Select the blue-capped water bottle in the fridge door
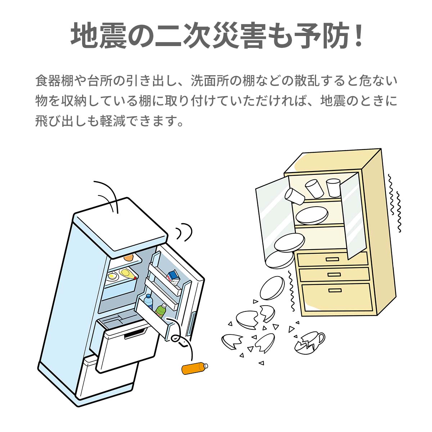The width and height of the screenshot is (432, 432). (x=148, y=302)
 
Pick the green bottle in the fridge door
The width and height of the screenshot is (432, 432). (x=161, y=310)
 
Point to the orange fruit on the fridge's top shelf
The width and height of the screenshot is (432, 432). (x=129, y=258)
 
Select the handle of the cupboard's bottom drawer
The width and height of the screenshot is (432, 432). (x=335, y=291)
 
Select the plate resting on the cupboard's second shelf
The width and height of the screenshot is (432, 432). (x=312, y=215)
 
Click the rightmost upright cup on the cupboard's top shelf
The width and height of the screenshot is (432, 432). (x=333, y=188)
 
